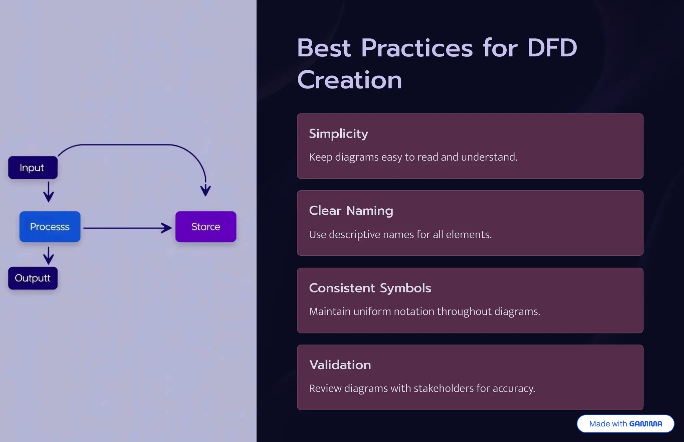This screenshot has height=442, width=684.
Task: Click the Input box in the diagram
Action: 33,168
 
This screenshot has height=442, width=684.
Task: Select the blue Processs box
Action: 50,227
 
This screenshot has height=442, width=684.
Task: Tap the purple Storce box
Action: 206,227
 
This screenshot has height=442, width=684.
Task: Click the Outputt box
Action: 33,278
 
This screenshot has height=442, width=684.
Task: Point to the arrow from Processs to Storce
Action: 127,228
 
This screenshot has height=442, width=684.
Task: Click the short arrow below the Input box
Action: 49,192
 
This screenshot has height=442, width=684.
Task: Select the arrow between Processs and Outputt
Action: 49,255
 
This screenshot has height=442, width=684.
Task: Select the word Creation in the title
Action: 349,80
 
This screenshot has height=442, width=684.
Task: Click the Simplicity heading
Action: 338,134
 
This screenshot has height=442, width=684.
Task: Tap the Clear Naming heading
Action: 351,211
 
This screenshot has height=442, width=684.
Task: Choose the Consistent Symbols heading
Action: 370,288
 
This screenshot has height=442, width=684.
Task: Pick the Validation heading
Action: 340,365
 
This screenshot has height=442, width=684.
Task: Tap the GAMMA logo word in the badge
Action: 645,424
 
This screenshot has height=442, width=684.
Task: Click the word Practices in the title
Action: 417,48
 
